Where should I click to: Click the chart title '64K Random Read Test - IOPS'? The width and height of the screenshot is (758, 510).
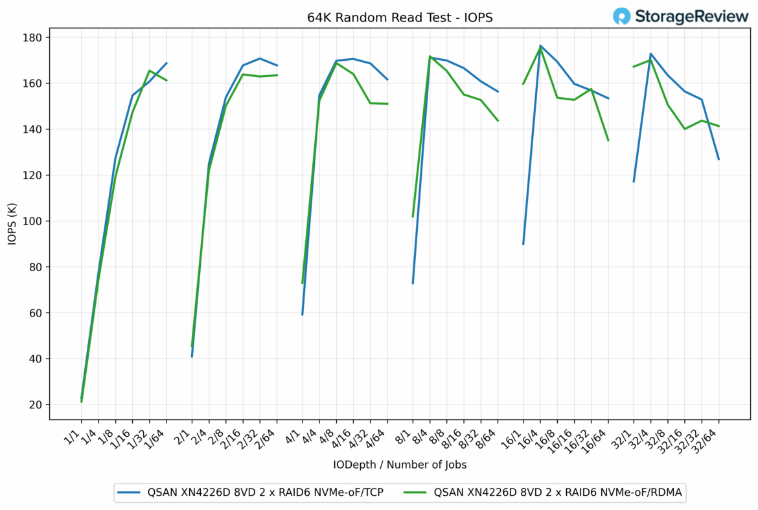[x=400, y=17]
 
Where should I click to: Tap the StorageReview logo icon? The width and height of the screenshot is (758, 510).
[x=622, y=16]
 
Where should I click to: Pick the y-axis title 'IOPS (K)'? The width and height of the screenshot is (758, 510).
[x=11, y=224]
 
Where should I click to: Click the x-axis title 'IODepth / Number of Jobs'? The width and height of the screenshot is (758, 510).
[x=400, y=464]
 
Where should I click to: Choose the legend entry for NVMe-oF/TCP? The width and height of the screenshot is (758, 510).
[x=249, y=493]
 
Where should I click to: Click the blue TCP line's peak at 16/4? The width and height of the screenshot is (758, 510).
[x=540, y=46]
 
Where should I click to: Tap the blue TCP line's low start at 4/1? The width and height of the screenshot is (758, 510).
[x=303, y=315]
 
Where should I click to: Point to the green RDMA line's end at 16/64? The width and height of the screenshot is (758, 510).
[x=608, y=140]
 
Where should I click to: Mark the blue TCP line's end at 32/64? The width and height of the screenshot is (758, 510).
[x=718, y=159]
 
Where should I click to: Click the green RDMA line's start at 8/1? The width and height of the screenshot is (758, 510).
[x=413, y=216]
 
